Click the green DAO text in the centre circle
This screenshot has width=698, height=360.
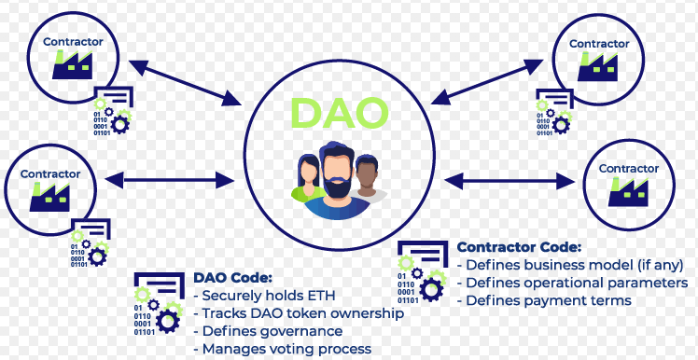click(x=339, y=111)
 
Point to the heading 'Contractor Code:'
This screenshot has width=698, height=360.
click(x=519, y=247)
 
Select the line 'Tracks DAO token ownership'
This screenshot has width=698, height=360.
click(x=298, y=313)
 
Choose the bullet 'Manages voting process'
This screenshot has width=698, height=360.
click(x=282, y=349)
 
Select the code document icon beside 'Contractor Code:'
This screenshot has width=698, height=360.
click(x=420, y=271)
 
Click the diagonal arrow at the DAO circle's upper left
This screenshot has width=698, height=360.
click(x=183, y=81)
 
